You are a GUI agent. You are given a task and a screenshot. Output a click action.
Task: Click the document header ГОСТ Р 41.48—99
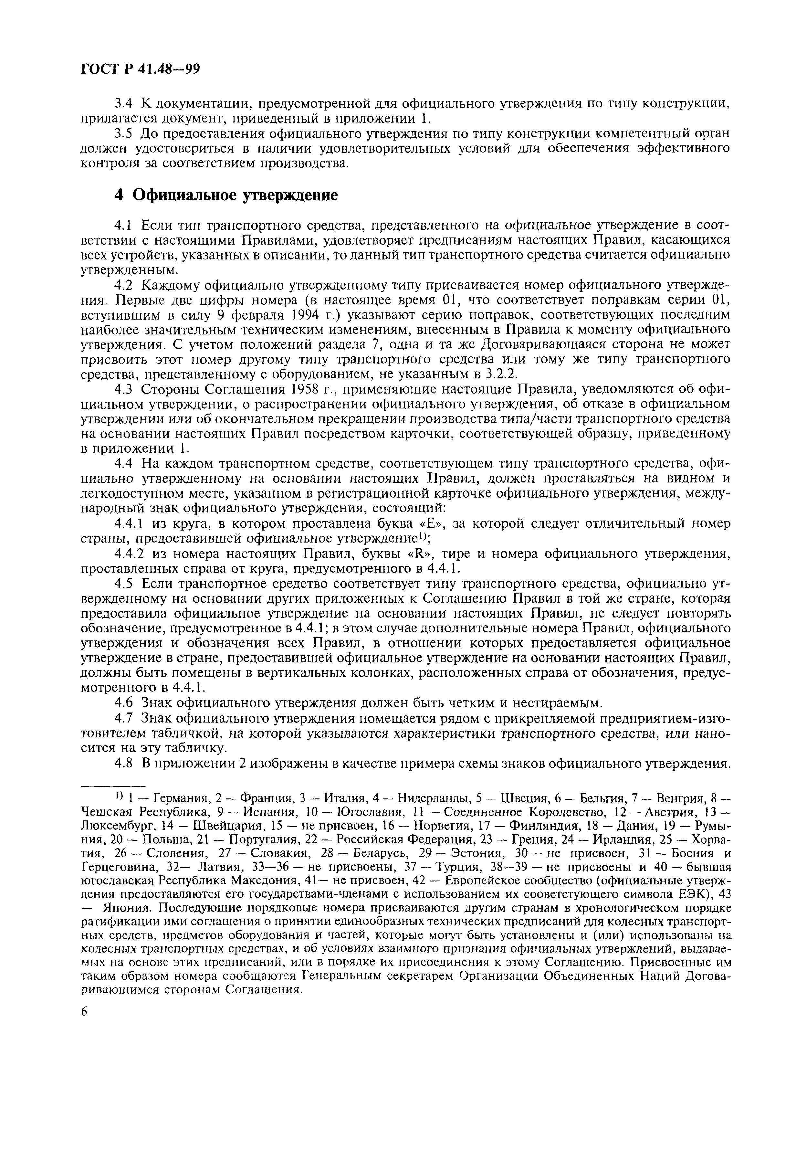[x=140, y=69]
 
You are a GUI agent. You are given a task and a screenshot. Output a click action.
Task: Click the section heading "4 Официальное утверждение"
[x=226, y=195]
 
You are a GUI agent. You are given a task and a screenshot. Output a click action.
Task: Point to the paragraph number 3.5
[x=123, y=134]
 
